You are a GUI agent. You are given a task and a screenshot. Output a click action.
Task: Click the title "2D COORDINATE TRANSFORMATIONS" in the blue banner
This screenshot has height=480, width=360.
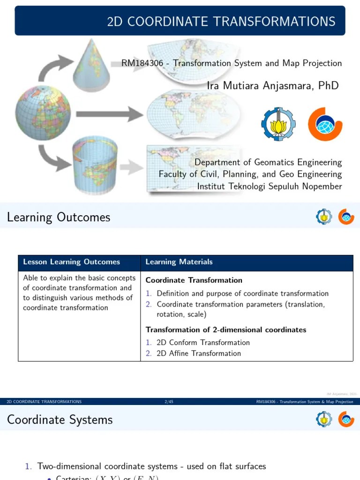pyautogui.click(x=221, y=22)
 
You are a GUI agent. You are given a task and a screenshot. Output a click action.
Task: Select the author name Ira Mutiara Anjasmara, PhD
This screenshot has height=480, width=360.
pyautogui.click(x=272, y=85)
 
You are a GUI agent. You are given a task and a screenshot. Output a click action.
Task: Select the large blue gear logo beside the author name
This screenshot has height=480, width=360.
pyautogui.click(x=278, y=124)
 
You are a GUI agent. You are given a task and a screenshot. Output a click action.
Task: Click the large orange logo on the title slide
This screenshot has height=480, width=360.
pyautogui.click(x=325, y=124)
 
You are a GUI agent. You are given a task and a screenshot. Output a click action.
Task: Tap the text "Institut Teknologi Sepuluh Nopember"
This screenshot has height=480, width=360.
pyautogui.click(x=269, y=187)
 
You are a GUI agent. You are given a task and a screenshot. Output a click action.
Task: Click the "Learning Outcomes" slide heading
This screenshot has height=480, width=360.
pyautogui.click(x=59, y=217)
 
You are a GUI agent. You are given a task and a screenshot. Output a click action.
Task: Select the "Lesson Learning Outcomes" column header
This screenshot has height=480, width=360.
pyautogui.click(x=71, y=262)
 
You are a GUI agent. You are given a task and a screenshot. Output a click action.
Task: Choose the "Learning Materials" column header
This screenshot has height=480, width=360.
pyautogui.click(x=179, y=262)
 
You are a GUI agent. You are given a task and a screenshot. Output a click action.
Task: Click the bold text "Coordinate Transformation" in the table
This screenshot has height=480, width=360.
pyautogui.click(x=194, y=280)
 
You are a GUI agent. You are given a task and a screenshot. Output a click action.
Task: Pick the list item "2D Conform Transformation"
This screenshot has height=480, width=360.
pyautogui.click(x=203, y=342)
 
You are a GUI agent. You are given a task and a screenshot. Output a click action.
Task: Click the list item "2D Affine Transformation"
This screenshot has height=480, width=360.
pyautogui.click(x=199, y=353)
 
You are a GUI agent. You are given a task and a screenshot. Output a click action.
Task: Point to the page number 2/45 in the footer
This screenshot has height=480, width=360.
pyautogui.click(x=169, y=402)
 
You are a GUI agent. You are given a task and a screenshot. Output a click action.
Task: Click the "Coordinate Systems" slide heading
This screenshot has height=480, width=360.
pyautogui.click(x=60, y=419)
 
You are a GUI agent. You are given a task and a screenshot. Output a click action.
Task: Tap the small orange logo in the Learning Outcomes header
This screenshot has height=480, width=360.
pyautogui.click(x=346, y=217)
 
